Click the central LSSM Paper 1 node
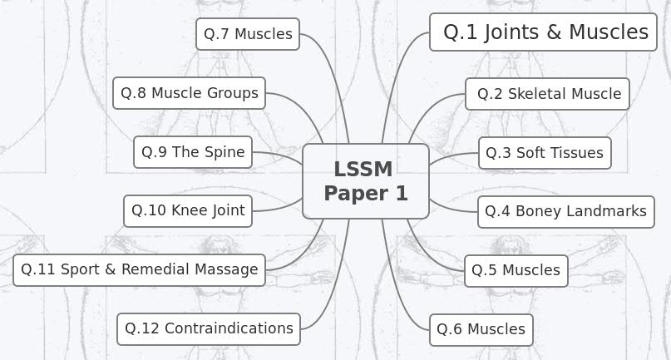click(x=366, y=181)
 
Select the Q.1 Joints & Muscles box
click(x=544, y=32)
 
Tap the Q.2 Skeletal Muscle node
click(x=548, y=94)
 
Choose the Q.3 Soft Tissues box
click(x=545, y=153)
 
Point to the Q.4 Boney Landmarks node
click(x=565, y=211)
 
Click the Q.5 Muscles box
click(x=516, y=270)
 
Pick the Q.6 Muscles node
click(x=481, y=329)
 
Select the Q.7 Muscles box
click(x=248, y=34)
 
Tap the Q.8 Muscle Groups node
click(x=189, y=93)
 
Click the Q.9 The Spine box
click(x=193, y=152)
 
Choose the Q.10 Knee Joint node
click(x=187, y=210)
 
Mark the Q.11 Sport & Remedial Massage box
click(x=140, y=269)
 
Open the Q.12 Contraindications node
click(x=209, y=328)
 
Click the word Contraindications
click(x=229, y=328)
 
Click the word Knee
click(x=190, y=210)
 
